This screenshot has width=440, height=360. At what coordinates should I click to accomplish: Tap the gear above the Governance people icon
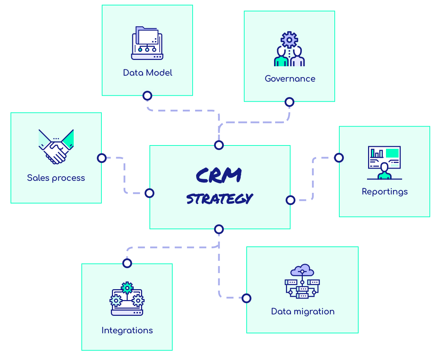[289, 40]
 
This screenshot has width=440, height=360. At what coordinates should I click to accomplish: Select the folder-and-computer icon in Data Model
[147, 43]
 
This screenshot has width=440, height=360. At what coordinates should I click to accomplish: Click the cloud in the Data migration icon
[302, 270]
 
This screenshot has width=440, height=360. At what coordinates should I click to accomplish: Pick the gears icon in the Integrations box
[127, 299]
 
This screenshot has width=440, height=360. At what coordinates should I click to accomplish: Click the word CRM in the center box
[219, 175]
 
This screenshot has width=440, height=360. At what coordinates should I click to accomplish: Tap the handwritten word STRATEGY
[219, 199]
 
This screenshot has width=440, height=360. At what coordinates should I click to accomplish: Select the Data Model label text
[147, 73]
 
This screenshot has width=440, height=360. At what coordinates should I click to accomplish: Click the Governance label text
[290, 79]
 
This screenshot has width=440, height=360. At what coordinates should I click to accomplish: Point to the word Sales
[38, 178]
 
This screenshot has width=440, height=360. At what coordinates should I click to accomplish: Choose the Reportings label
[385, 191]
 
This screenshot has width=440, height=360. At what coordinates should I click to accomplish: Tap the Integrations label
[127, 330]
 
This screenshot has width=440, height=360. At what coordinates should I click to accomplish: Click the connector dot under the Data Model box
[147, 96]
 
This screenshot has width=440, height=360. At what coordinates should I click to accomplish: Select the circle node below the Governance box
[289, 102]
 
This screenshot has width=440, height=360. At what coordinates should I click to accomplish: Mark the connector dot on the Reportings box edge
[339, 158]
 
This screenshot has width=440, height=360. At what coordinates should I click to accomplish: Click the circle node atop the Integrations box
[127, 263]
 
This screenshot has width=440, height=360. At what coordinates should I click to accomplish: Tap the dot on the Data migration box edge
[247, 298]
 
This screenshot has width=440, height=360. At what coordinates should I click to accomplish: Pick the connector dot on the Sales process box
[102, 158]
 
